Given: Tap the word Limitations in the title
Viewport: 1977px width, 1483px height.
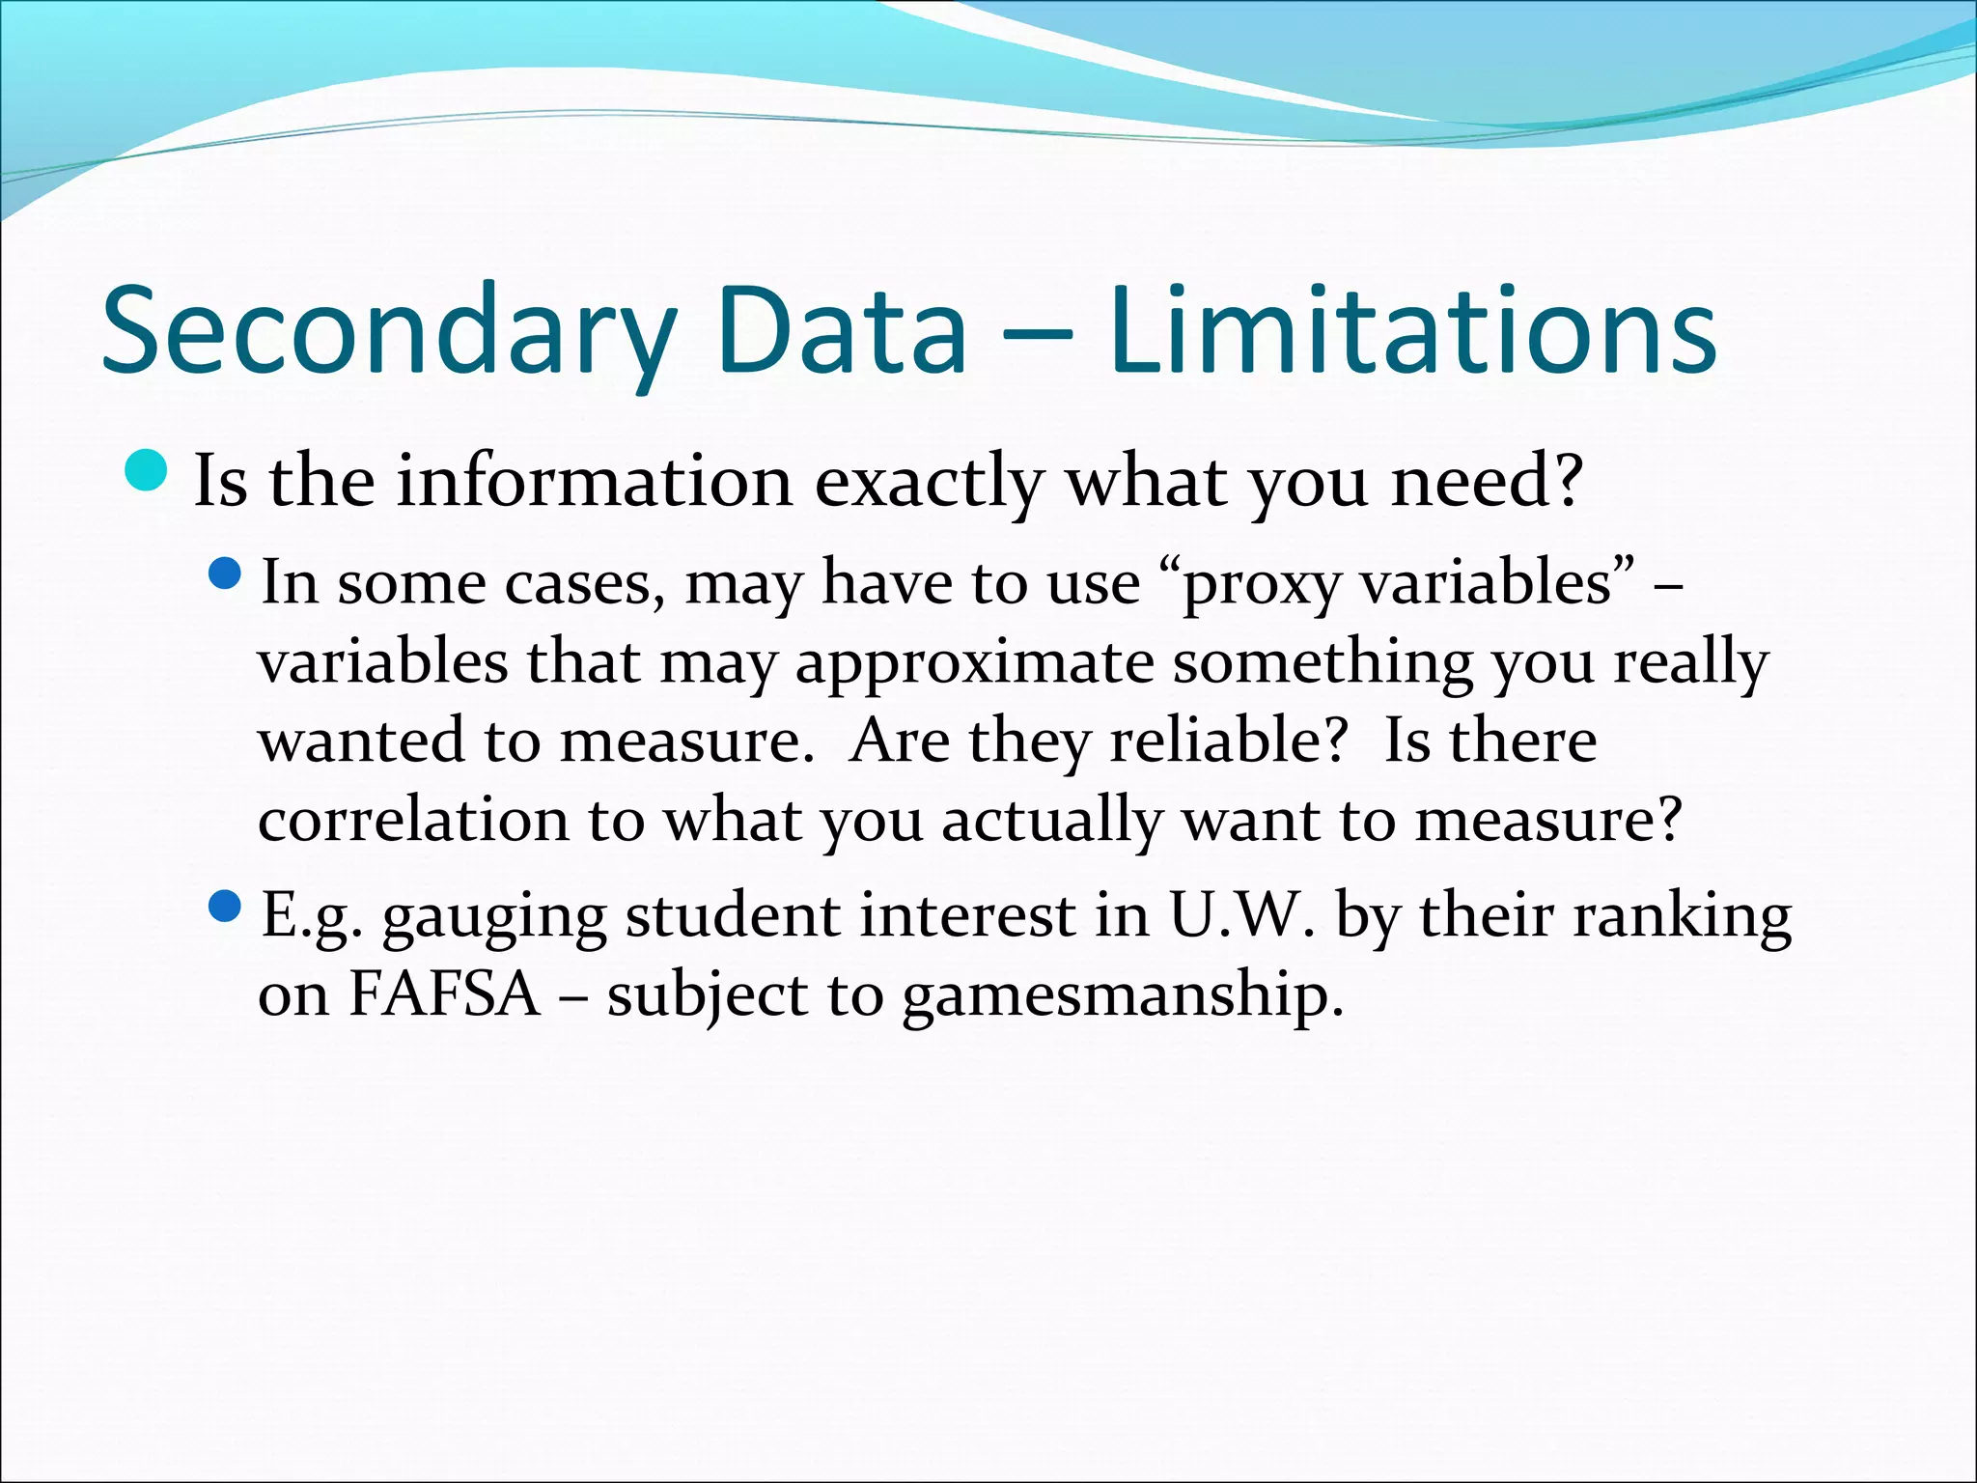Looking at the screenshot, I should pyautogui.click(x=1412, y=331).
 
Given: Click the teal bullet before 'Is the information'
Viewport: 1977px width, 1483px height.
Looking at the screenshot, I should pyautogui.click(x=147, y=470).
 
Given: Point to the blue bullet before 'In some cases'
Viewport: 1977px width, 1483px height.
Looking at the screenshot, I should pyautogui.click(x=224, y=574).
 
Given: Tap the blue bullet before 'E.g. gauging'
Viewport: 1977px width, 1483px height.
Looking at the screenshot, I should pyautogui.click(x=224, y=906).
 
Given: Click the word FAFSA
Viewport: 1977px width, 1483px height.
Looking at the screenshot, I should pyautogui.click(x=444, y=993).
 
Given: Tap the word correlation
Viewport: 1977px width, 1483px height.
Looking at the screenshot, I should pyautogui.click(x=413, y=820).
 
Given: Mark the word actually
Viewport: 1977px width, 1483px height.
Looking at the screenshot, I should pyautogui.click(x=1052, y=822).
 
